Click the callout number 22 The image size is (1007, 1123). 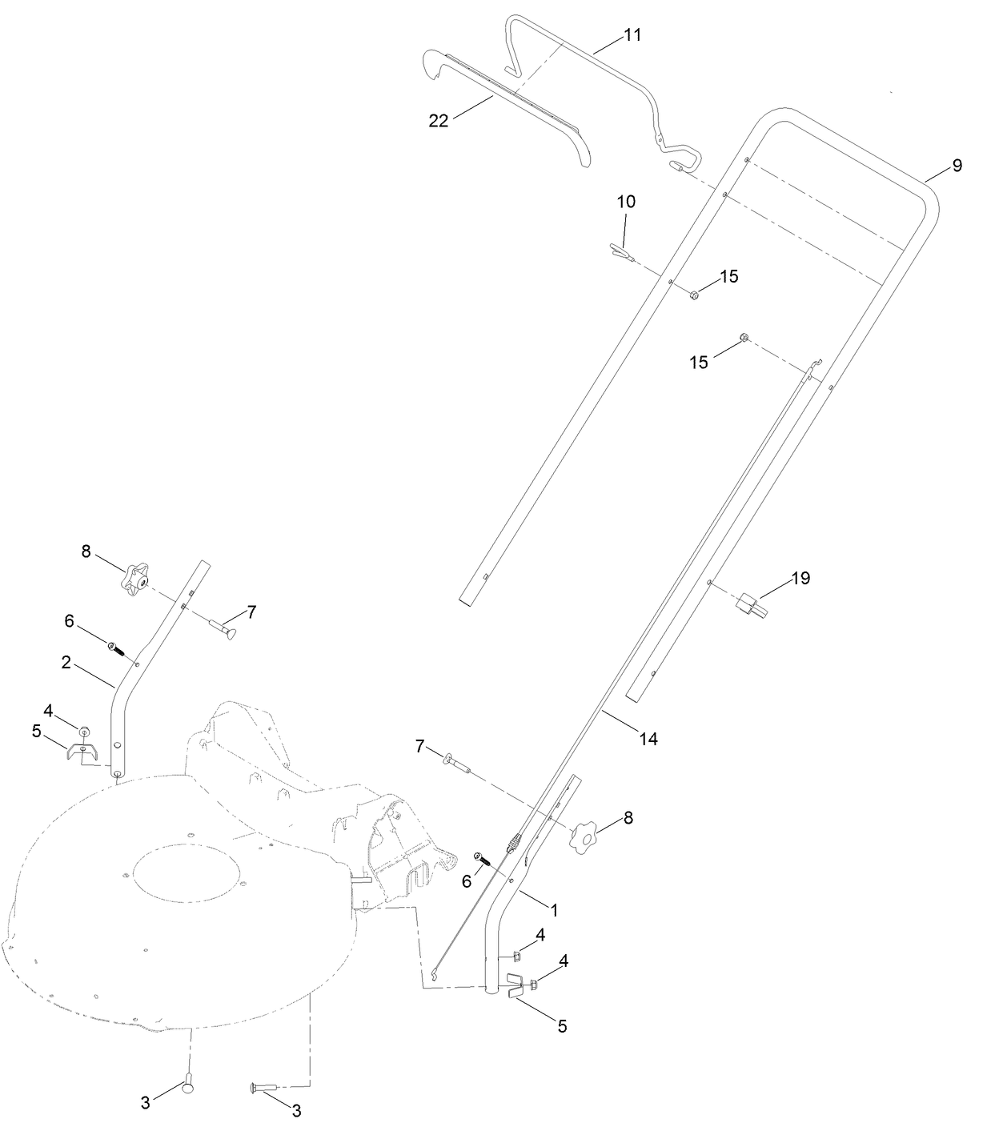tap(438, 120)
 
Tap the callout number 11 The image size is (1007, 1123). tap(632, 36)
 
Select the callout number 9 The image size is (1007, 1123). tap(957, 166)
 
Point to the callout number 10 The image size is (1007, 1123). tap(626, 202)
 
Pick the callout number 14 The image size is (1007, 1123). tap(648, 740)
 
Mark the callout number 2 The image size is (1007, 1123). tap(66, 662)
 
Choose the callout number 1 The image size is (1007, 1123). tap(552, 910)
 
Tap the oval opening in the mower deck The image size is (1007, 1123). tap(187, 872)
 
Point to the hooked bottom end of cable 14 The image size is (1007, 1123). tap(434, 973)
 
